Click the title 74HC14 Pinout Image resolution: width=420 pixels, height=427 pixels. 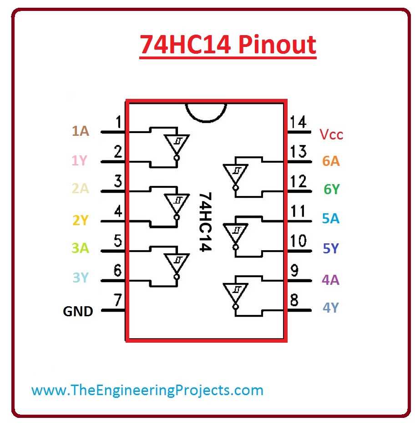click(x=228, y=45)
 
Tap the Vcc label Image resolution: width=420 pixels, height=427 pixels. click(x=331, y=135)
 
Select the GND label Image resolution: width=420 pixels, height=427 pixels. click(x=78, y=312)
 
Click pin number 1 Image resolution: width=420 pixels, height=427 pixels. click(x=118, y=123)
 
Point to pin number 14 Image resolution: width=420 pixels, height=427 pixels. click(x=298, y=123)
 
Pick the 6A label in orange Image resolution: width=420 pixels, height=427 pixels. click(x=331, y=161)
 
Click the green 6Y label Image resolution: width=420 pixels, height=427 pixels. click(x=331, y=189)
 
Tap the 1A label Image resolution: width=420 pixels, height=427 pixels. click(x=80, y=132)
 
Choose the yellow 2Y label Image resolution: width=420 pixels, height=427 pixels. click(x=80, y=221)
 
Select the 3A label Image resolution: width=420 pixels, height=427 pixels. click(x=80, y=249)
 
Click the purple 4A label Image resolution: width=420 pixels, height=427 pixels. click(x=330, y=280)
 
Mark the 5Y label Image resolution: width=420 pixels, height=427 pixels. click(x=331, y=249)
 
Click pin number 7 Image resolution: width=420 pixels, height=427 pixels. click(x=118, y=301)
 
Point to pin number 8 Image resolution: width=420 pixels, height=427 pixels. click(x=294, y=301)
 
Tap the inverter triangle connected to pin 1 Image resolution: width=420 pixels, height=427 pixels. click(x=177, y=144)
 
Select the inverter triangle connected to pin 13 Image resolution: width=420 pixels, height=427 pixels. click(x=235, y=173)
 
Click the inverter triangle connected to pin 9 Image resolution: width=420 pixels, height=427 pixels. click(x=235, y=292)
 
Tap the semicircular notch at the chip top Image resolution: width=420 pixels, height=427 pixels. click(x=206, y=110)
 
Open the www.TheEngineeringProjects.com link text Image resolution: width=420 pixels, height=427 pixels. click(x=147, y=391)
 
